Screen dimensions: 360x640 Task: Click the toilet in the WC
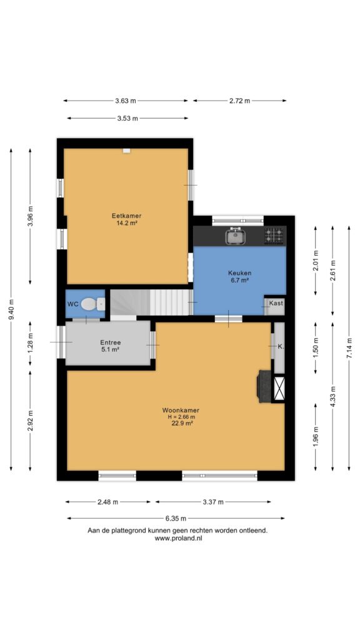click(x=93, y=304)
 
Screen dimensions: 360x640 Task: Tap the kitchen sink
click(x=236, y=236)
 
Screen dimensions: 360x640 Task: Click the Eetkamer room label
click(x=126, y=216)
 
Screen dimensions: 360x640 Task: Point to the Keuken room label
click(x=239, y=273)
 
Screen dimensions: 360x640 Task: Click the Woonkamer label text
click(x=181, y=410)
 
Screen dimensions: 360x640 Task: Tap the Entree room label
click(x=111, y=342)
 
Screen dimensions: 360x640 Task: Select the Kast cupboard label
click(x=276, y=303)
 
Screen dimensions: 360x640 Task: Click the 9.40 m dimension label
click(x=11, y=309)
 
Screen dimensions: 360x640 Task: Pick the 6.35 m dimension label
click(x=176, y=518)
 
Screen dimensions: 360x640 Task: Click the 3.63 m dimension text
click(x=126, y=101)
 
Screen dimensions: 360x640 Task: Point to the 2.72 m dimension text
click(x=239, y=101)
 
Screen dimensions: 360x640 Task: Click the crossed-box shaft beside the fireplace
click(x=279, y=388)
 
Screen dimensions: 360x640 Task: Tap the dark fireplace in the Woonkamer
click(x=264, y=386)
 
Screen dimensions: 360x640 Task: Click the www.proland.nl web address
click(x=178, y=538)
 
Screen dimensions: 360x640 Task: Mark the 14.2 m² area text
click(x=127, y=223)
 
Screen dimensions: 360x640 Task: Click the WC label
click(x=72, y=304)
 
